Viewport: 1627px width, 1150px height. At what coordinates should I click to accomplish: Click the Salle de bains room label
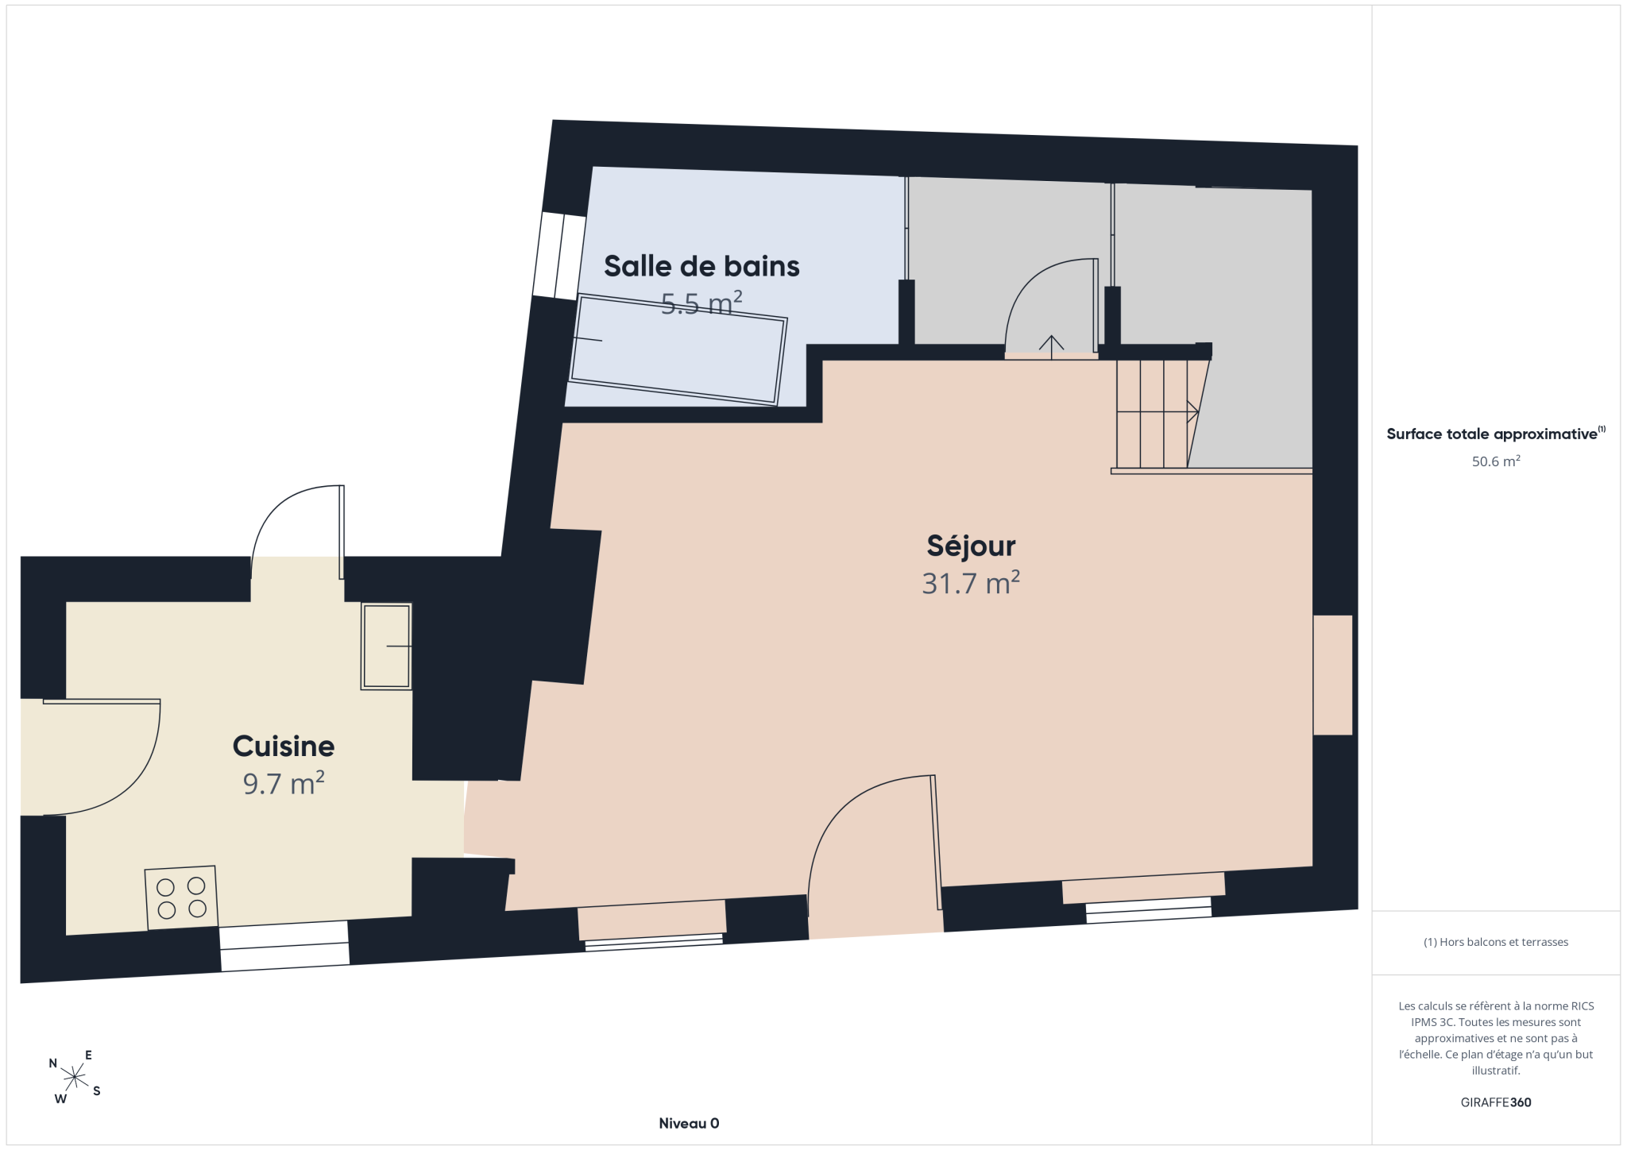coord(701,266)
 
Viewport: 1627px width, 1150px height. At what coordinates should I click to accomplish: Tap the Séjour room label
coord(971,546)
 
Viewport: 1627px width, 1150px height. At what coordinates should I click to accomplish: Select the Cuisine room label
coord(284,746)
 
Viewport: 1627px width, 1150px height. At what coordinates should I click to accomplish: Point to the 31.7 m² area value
coord(971,583)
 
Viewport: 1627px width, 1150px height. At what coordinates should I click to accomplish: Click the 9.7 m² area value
coord(284,783)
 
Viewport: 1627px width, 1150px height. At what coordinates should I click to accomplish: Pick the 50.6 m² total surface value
coord(1496,461)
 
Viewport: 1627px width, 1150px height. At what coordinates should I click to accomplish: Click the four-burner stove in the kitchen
coord(181,897)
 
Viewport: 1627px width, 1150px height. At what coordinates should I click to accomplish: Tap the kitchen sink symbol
coord(386,646)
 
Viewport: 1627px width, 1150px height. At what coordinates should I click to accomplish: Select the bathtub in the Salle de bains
coord(678,349)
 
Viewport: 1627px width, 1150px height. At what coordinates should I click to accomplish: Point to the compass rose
coord(75,1077)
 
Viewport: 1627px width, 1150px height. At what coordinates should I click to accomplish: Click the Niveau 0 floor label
coord(689,1123)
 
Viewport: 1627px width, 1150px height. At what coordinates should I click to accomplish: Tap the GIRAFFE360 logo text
coord(1496,1102)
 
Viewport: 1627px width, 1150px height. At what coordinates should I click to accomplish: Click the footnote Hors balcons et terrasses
coord(1496,942)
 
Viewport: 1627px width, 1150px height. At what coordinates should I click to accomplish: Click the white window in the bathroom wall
coord(559,256)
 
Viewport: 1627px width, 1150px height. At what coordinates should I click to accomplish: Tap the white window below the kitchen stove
coord(284,946)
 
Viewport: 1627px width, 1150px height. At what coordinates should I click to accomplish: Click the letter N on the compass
coord(53,1063)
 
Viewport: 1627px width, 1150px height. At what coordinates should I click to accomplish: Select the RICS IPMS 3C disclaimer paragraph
coord(1496,1038)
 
